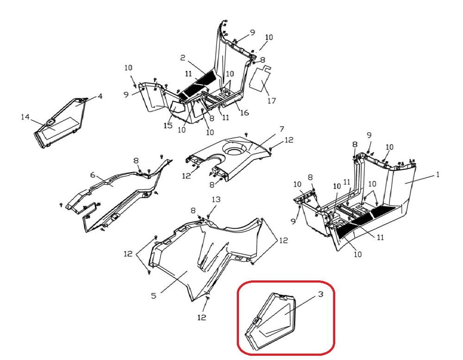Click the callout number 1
point(438,175)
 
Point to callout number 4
point(100,97)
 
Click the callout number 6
point(93,175)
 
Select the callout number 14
point(25,117)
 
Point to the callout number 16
point(244,113)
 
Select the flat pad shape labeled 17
point(260,78)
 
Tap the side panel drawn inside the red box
point(271,319)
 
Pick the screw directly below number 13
point(210,215)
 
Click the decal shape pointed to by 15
point(177,107)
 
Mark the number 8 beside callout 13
point(193,211)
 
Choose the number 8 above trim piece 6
point(136,161)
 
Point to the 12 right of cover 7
point(289,140)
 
